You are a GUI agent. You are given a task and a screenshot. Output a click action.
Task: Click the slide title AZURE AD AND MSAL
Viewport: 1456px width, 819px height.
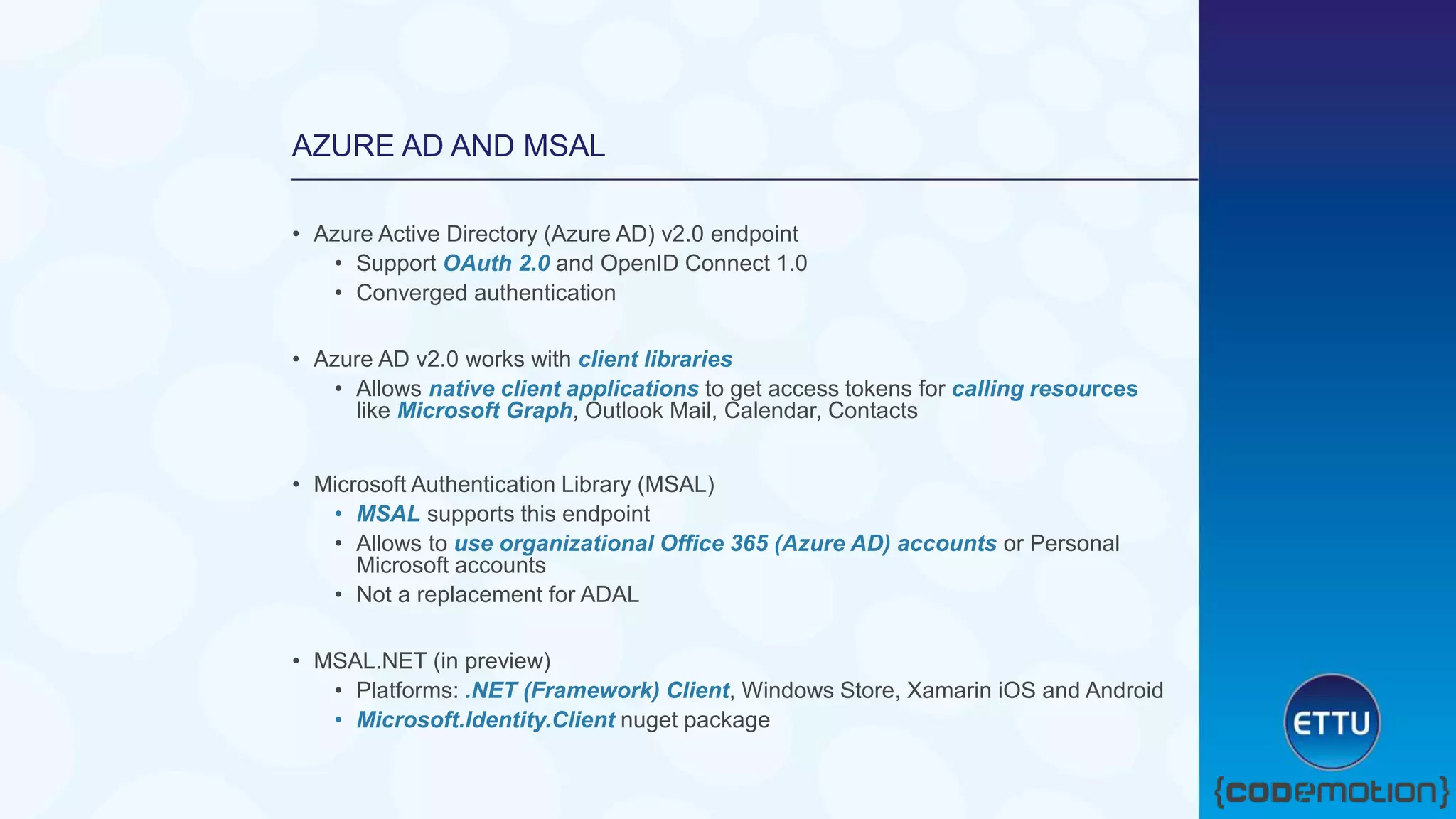click(x=448, y=146)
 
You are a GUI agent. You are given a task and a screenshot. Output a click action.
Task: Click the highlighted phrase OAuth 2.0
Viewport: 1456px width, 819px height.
click(x=496, y=263)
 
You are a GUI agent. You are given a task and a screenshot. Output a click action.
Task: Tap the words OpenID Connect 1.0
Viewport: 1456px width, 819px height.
click(x=703, y=263)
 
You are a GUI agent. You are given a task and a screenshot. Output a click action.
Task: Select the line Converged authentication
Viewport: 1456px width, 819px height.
click(x=486, y=293)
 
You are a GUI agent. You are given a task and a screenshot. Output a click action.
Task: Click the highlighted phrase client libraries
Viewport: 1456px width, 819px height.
click(x=655, y=359)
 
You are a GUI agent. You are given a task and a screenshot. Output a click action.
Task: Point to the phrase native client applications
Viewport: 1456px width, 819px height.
click(x=563, y=389)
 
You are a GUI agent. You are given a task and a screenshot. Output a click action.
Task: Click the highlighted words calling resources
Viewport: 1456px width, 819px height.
click(x=1044, y=389)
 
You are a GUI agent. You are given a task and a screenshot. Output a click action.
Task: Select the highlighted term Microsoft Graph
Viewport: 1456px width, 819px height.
click(x=484, y=411)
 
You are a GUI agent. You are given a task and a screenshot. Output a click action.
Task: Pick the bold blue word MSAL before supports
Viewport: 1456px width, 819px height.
click(x=387, y=514)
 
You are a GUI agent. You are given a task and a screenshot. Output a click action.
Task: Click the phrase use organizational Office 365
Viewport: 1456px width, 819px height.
click(x=611, y=544)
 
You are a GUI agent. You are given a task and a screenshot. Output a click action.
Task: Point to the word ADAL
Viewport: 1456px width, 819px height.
click(x=609, y=594)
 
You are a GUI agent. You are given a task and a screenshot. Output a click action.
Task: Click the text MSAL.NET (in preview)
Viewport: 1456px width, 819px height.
click(x=432, y=661)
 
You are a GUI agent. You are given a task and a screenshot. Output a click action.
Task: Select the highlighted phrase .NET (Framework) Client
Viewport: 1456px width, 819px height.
click(x=597, y=690)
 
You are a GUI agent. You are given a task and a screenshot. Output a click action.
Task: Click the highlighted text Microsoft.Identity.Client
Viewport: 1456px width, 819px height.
click(x=486, y=720)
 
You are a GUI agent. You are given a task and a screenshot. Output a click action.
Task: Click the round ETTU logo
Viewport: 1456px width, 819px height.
click(x=1332, y=722)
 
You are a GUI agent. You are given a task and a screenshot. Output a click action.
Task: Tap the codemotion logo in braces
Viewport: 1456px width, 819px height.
click(x=1331, y=792)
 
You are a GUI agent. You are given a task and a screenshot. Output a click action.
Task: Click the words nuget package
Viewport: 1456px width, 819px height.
click(x=695, y=720)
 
